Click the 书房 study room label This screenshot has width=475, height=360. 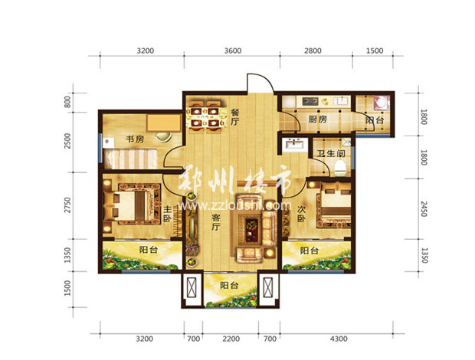pos(135,139)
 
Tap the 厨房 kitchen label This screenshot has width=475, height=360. pos(318,119)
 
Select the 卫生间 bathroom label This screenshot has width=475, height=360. pos(331,153)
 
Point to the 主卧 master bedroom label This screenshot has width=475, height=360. pos(167,214)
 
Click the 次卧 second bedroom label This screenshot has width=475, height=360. pos(301,214)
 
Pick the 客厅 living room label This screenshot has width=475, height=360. pos(215,222)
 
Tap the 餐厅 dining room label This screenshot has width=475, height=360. pos(235,117)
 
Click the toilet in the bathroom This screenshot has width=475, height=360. pos(340,169)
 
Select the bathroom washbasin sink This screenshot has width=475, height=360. pos(293,143)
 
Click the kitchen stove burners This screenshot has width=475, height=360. pos(310,100)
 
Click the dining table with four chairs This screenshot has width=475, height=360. pos(205,117)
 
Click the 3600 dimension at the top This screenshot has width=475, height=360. pos(233,51)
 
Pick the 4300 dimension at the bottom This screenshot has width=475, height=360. pos(339,339)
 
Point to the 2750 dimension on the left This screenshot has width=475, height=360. pos(68,205)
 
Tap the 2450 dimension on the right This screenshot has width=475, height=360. pos(424,208)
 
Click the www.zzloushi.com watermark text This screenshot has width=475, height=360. pos(234,206)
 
